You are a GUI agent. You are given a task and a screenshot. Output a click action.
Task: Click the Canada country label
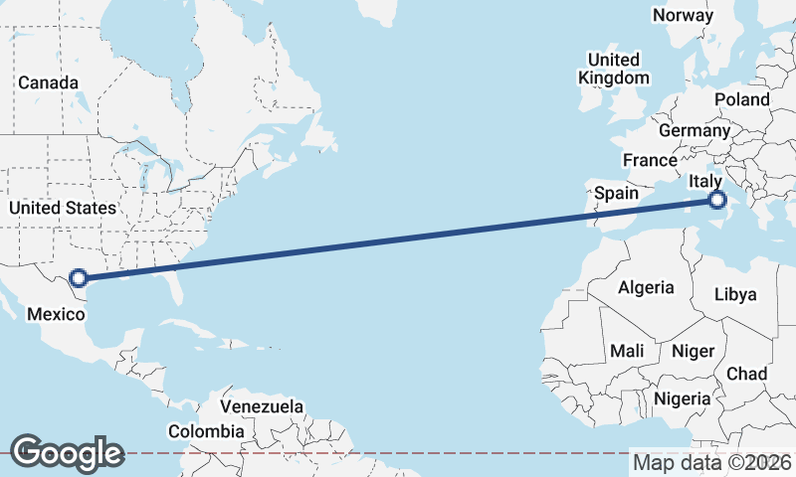click(48, 82)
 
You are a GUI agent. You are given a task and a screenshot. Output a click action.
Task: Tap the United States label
click(62, 208)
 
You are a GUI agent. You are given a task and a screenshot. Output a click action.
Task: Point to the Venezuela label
click(262, 407)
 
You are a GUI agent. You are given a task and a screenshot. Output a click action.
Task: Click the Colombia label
click(205, 431)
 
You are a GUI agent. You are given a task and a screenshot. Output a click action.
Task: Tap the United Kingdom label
click(614, 69)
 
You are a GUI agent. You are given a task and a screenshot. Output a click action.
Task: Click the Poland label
click(741, 99)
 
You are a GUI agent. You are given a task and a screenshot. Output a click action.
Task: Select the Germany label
click(694, 130)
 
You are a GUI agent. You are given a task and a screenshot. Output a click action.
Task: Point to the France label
click(650, 160)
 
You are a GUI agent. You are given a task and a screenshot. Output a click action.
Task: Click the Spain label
click(617, 193)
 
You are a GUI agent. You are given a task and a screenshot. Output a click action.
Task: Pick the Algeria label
click(646, 287)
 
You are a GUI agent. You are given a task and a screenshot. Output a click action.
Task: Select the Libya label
click(736, 294)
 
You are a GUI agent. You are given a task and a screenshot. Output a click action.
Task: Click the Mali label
click(627, 350)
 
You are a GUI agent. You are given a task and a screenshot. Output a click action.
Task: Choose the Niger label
click(693, 350)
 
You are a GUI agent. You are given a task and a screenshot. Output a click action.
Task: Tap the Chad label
click(747, 374)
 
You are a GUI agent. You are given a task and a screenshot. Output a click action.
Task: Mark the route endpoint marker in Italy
click(716, 201)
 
